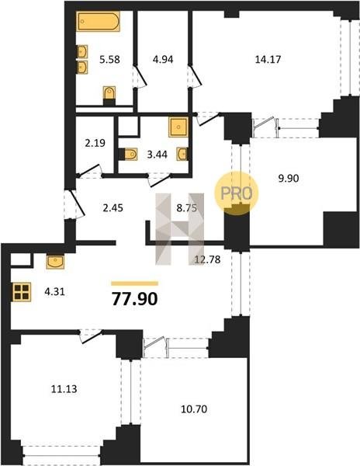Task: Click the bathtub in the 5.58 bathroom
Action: [x=99, y=21]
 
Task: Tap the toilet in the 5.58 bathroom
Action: [x=109, y=95]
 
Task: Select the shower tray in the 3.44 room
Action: [x=178, y=127]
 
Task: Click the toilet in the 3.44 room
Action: [x=128, y=155]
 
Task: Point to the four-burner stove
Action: [x=22, y=291]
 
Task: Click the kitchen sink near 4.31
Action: [x=55, y=262]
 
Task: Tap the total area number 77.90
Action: [x=134, y=299]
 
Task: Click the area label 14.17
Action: [x=268, y=60]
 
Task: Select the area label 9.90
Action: [x=288, y=179]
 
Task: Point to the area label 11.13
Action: [x=64, y=389]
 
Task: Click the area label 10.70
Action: [x=194, y=409]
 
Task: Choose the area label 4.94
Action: [x=163, y=60]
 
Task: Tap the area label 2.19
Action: [x=95, y=143]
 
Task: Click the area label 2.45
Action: [x=112, y=207]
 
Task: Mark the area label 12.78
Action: [x=207, y=259]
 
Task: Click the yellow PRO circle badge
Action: [x=237, y=193]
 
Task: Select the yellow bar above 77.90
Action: [x=135, y=283]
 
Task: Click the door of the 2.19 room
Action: [x=89, y=172]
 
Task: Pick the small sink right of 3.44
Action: [x=182, y=154]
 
